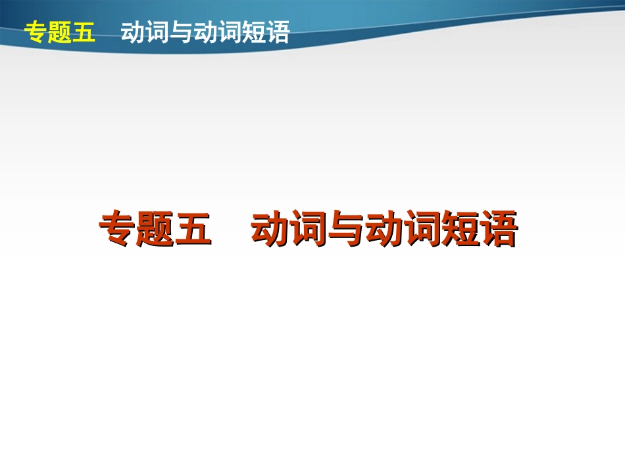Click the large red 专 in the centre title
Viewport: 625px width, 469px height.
(x=118, y=228)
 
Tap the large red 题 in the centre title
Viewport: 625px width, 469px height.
(x=155, y=228)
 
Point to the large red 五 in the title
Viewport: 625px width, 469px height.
(x=193, y=228)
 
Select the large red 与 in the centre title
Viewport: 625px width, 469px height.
(x=345, y=228)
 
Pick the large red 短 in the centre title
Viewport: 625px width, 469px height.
(x=459, y=228)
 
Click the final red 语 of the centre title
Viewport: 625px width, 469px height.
(x=497, y=228)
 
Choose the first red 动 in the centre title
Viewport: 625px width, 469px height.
(x=270, y=228)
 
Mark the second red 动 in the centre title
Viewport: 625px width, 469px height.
(x=384, y=228)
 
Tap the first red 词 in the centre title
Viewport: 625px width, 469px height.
(x=308, y=228)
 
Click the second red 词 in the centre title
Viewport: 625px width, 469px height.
(x=421, y=228)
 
